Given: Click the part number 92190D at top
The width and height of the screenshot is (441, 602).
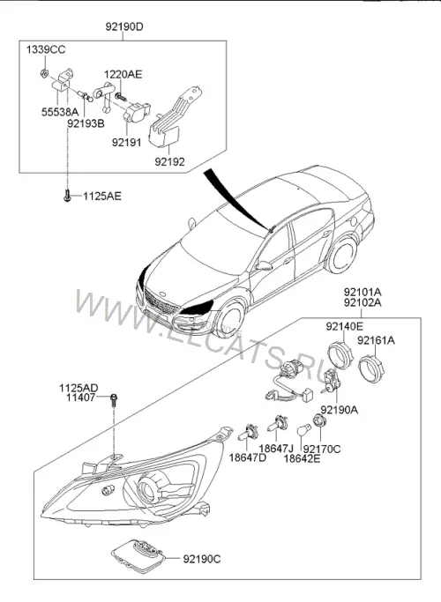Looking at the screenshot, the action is coord(124,26).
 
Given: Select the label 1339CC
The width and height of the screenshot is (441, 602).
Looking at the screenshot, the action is coord(46,49).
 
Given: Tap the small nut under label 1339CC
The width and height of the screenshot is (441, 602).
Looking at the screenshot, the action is coord(45,72).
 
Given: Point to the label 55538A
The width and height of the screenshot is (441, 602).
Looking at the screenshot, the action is coord(60,112).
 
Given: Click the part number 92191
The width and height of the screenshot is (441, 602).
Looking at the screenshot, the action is coord(127,143).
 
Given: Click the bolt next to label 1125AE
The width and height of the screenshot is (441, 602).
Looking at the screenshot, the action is coord(67,196).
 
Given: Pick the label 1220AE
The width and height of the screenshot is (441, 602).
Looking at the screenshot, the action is coord(123,74).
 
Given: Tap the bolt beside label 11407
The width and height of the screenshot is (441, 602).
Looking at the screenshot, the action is coord(114,399).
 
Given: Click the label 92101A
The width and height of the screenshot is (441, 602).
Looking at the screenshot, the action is coord(363,292).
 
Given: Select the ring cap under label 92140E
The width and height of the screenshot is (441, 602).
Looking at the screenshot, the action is coord(340,354).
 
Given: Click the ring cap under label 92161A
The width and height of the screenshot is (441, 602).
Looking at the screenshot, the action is coord(371,368).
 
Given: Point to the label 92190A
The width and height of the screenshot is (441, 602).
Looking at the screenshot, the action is coord(340,410).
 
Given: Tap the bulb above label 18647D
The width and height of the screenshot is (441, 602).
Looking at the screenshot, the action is coord(248,432).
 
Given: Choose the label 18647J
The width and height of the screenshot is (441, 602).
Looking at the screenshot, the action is coord(276,448).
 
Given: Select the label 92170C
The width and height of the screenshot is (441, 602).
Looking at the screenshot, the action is coord(322,449).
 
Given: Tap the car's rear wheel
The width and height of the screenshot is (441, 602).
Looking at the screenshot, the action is coord(342,255).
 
